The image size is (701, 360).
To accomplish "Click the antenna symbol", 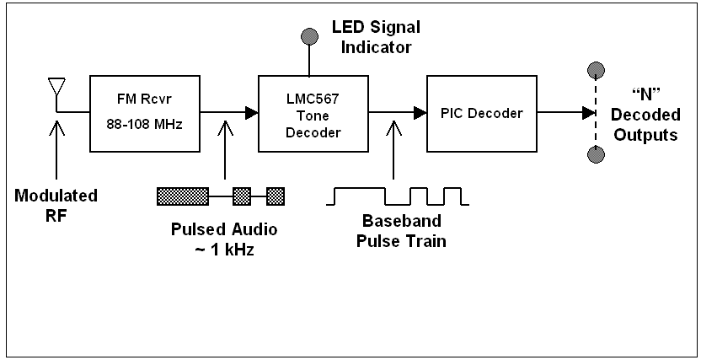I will click(56, 88).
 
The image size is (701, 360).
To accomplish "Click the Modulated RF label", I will click(56, 204).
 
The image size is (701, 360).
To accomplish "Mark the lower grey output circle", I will click(597, 154).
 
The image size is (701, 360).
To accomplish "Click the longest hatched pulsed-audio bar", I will click(183, 196).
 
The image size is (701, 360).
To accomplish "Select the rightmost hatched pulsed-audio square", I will click(276, 196).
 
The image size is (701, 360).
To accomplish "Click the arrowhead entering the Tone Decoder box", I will click(251, 112).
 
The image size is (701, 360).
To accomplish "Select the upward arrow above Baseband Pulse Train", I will click(393, 152).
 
